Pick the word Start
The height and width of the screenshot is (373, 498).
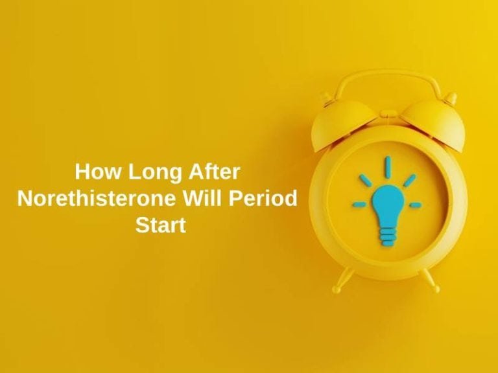(x=161, y=225)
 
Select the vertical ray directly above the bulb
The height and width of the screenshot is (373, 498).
(x=388, y=167)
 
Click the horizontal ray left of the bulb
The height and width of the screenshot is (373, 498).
(x=359, y=205)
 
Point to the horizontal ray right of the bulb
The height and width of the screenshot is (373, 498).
(x=416, y=205)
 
